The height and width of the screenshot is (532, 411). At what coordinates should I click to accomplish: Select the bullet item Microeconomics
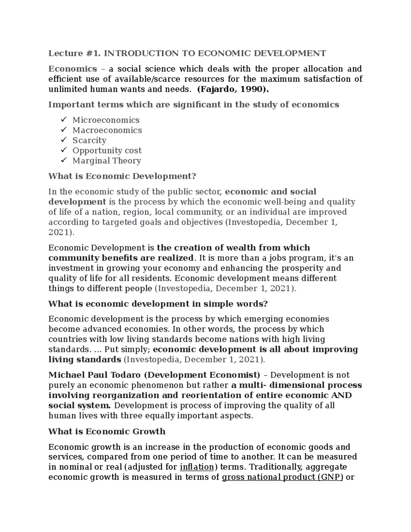point(106,120)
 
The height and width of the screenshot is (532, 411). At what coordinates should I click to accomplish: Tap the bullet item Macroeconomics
point(107,131)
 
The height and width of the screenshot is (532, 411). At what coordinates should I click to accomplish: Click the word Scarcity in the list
point(89,140)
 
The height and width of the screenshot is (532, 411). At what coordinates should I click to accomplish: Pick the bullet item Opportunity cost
point(107,151)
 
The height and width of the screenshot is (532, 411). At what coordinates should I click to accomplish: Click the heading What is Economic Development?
point(122,176)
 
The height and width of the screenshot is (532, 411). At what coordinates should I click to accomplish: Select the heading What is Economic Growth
point(107,432)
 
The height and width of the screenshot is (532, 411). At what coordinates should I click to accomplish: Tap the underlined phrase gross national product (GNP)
point(283,478)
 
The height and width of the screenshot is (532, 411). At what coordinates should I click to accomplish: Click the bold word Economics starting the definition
point(73,69)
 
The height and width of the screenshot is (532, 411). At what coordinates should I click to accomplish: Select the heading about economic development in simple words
point(158,304)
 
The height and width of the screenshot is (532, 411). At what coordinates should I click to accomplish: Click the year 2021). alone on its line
point(61,233)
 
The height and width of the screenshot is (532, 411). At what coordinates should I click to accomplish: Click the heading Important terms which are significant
point(194,105)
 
